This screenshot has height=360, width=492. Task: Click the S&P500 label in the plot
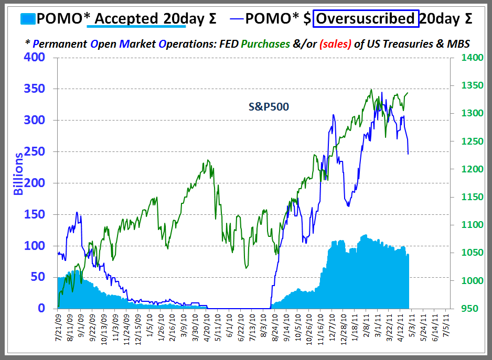269,107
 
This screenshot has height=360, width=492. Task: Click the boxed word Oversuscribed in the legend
366,19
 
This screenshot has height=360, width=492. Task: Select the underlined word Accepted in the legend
126,19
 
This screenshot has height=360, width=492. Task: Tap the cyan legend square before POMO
29,19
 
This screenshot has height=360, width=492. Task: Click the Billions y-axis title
19,173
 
